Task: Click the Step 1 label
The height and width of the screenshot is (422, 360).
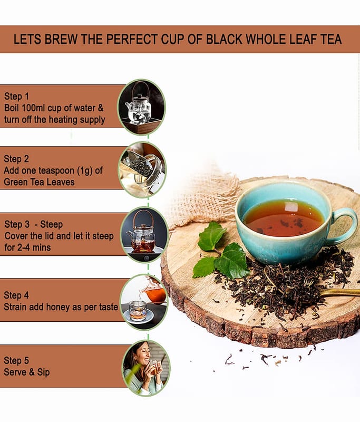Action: [16, 97]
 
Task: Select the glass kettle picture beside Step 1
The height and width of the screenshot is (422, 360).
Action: [141, 107]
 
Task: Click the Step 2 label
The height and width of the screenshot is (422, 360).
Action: [16, 159]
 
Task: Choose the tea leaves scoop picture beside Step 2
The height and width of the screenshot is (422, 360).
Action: [142, 169]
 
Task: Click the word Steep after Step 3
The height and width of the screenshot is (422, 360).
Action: [51, 224]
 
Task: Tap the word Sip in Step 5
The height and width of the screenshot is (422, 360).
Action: [43, 372]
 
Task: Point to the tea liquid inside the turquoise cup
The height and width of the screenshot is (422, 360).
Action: [283, 218]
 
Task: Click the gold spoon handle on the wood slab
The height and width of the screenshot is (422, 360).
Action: [340, 292]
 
